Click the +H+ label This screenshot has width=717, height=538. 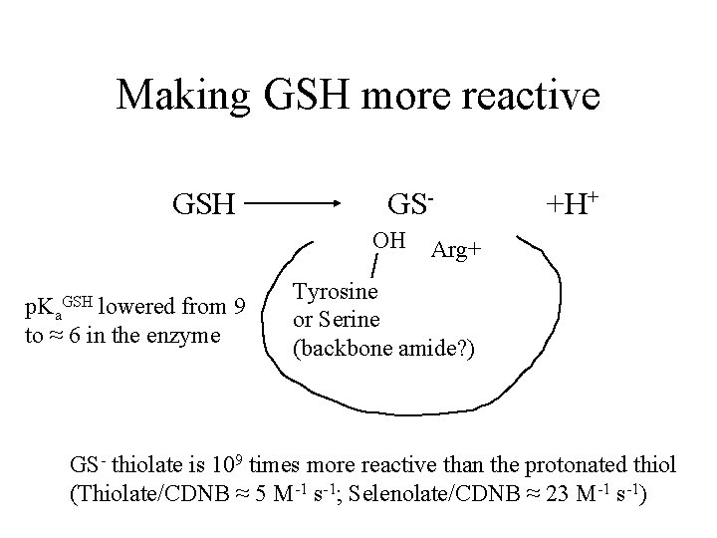coord(571,205)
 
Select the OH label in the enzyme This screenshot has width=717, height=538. coord(387,240)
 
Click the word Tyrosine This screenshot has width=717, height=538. coord(335,292)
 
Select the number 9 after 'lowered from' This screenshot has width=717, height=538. coord(238,304)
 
